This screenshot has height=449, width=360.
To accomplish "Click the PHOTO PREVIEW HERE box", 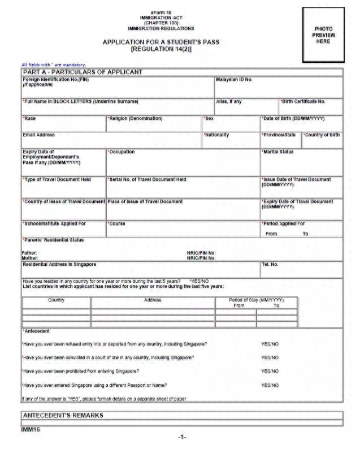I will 323,35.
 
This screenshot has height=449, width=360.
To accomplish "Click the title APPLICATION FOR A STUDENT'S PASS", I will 161,42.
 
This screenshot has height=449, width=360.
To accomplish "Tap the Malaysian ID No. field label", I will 234,79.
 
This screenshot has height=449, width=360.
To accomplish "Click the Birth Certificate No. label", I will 303,102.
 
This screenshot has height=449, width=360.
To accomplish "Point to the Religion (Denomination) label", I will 135,119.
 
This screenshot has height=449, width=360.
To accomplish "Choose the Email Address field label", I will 39,135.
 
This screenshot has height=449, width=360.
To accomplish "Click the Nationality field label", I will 216,135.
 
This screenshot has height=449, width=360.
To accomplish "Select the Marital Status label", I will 278,152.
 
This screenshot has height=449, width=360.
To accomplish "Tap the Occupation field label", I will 122,152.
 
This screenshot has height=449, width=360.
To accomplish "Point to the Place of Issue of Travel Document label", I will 145,201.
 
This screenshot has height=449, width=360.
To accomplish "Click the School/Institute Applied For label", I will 54,223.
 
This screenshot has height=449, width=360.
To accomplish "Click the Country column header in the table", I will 56,300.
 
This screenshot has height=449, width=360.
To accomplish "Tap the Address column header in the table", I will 153,300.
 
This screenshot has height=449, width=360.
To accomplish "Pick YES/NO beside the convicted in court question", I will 270,357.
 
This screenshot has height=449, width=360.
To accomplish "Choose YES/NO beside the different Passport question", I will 270,385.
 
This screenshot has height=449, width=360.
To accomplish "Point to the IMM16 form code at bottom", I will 32,429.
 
